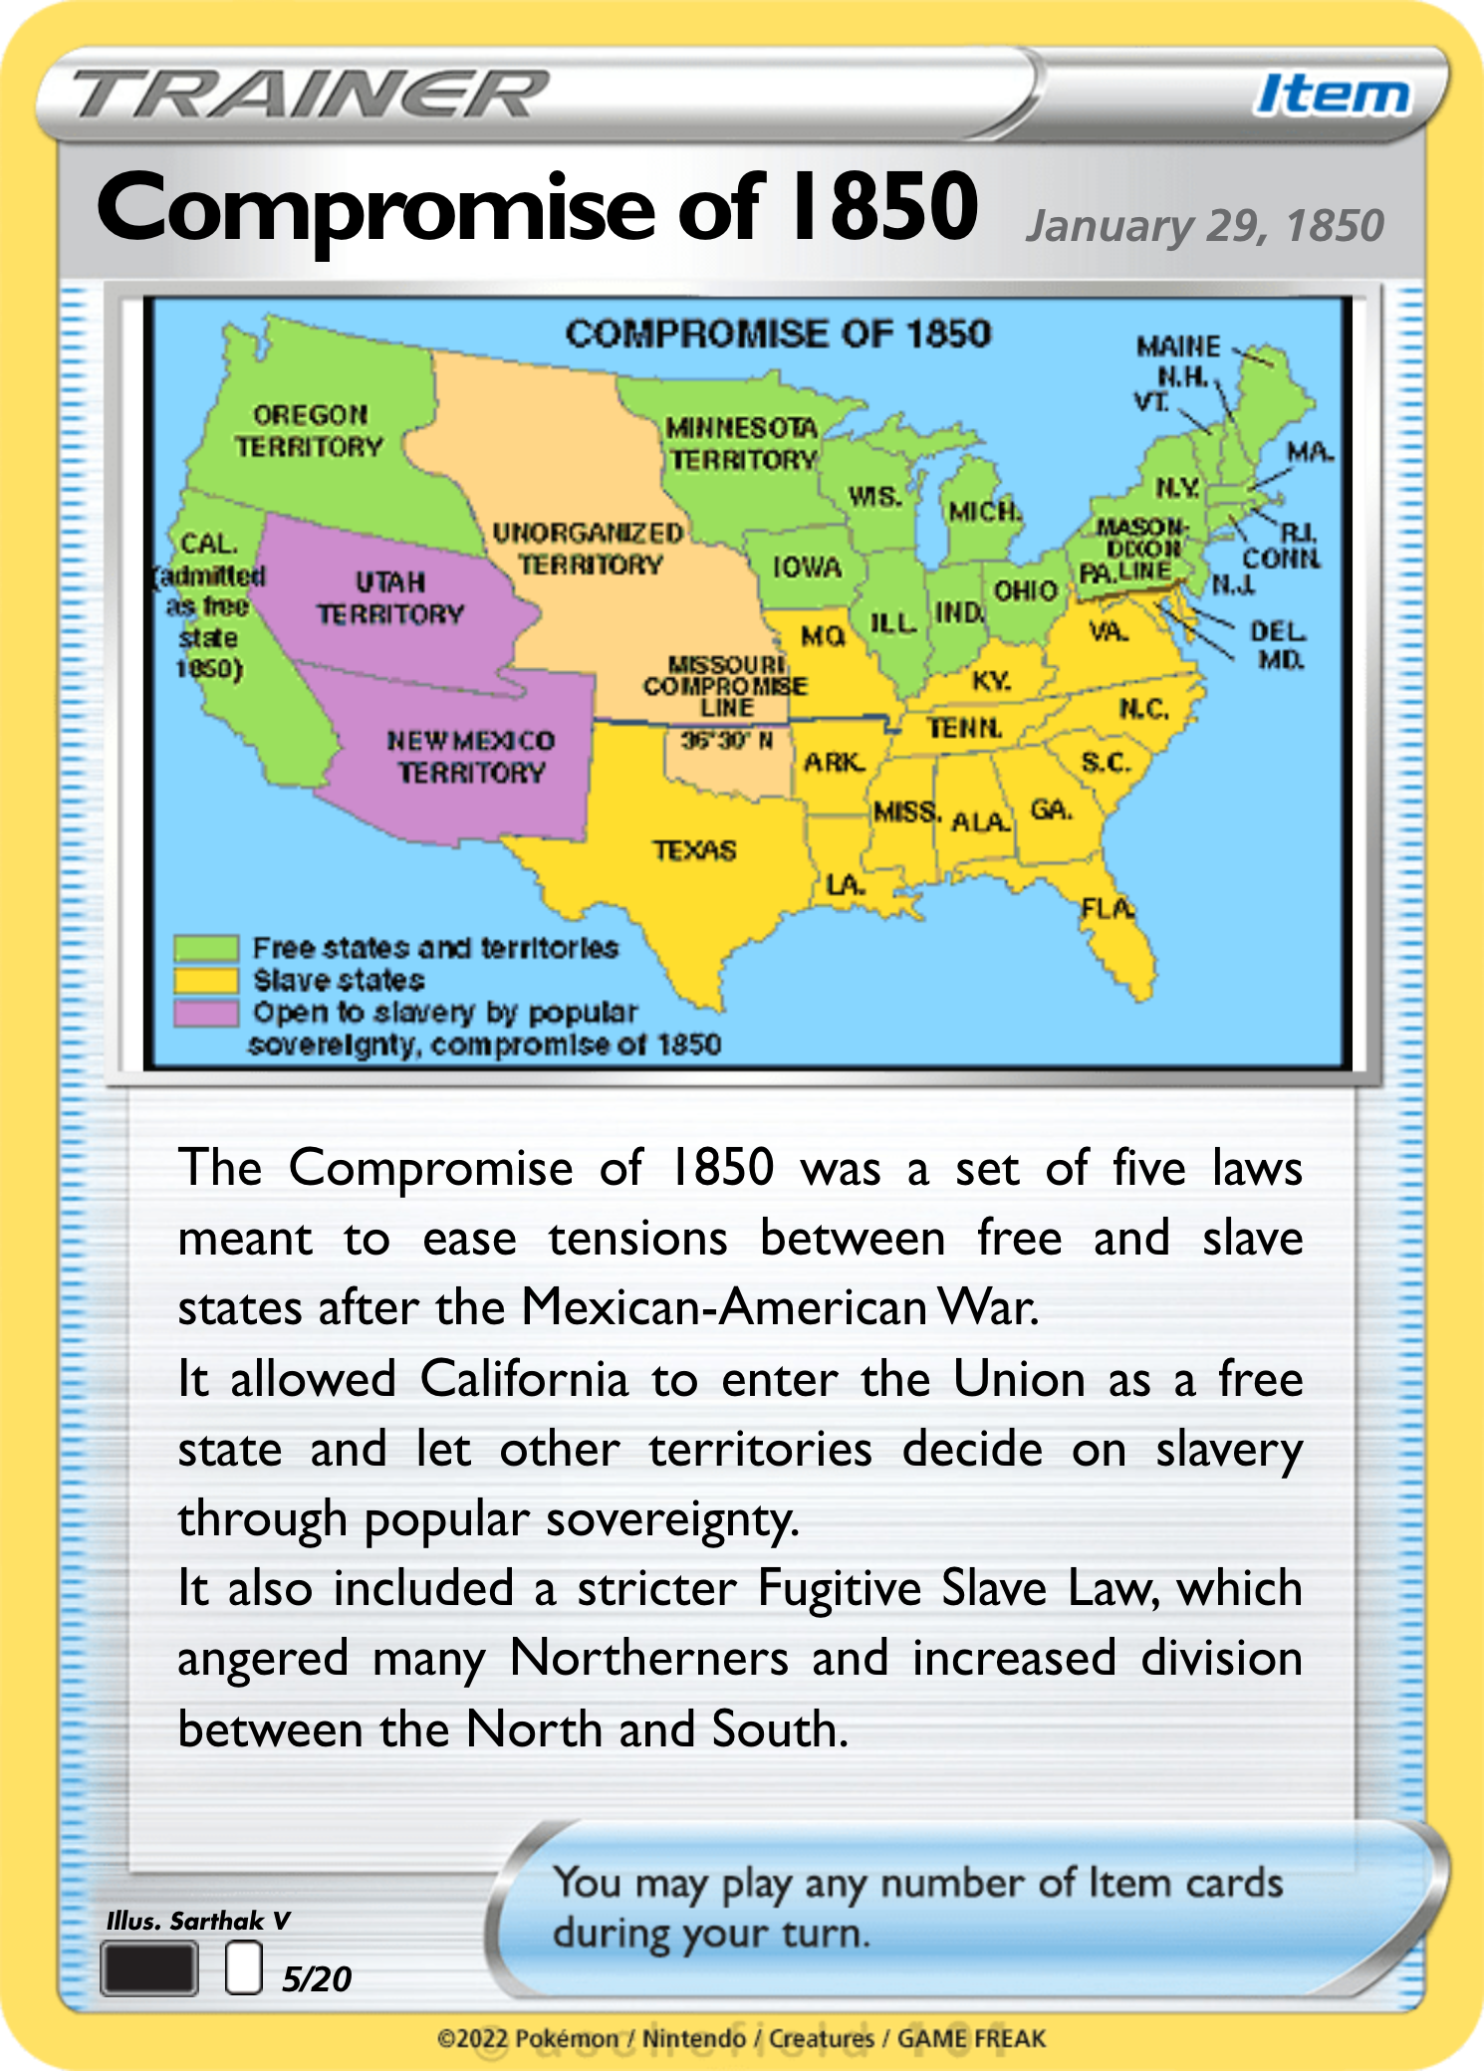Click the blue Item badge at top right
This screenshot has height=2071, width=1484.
1333,96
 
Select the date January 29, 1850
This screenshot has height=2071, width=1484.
1205,226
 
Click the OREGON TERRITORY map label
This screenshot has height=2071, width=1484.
310,431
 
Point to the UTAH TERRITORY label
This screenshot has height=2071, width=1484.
390,598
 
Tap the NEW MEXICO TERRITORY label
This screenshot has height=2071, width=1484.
471,757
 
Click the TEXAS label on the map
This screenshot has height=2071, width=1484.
695,850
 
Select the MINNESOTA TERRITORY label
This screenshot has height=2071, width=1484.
743,444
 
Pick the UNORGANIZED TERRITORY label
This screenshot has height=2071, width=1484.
589,549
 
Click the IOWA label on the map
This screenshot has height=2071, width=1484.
808,568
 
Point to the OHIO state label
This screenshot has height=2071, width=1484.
1025,590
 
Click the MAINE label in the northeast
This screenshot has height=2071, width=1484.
1178,346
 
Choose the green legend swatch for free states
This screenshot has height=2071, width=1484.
206,947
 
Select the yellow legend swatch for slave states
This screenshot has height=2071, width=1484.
206,981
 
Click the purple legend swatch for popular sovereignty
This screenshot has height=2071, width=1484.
206,1014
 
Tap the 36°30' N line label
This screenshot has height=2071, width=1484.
726,740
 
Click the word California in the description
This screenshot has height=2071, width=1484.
524,1380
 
